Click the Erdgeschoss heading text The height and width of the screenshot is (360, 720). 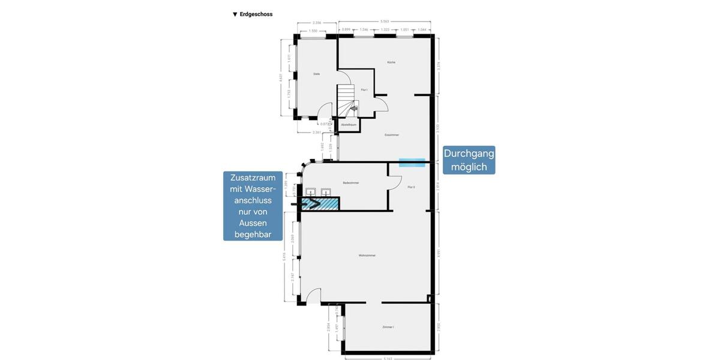pyautogui.click(x=256, y=14)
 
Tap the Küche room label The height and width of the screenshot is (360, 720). pyautogui.click(x=391, y=62)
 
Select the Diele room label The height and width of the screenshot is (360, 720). pyautogui.click(x=316, y=74)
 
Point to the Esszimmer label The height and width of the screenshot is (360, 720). pyautogui.click(x=392, y=135)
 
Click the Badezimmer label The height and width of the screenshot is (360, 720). pyautogui.click(x=351, y=182)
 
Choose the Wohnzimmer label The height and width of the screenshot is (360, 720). pyautogui.click(x=367, y=256)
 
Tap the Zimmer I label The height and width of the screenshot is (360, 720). pyautogui.click(x=388, y=327)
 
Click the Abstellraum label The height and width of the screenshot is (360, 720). pyautogui.click(x=349, y=125)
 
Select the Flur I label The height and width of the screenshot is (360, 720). pyautogui.click(x=364, y=90)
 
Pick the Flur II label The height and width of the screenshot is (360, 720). pyautogui.click(x=412, y=187)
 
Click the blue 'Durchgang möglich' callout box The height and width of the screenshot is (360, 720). pyautogui.click(x=469, y=160)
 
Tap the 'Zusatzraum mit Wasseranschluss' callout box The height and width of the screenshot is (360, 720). pyautogui.click(x=253, y=206)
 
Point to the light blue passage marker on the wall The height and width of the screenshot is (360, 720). pyautogui.click(x=412, y=163)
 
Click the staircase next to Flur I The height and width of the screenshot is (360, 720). pyautogui.click(x=346, y=100)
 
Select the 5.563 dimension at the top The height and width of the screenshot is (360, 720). pyautogui.click(x=384, y=22)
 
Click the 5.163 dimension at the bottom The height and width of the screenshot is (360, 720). pyautogui.click(x=387, y=359)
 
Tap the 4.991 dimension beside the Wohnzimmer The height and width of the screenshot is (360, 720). pyautogui.click(x=439, y=253)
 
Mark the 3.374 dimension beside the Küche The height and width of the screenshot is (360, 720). pyautogui.click(x=439, y=66)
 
